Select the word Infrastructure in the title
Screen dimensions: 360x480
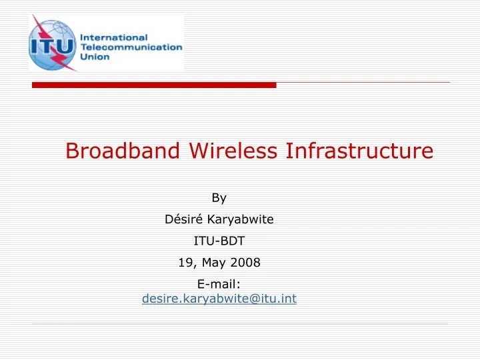[359, 151]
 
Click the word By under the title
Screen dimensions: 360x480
[219, 197]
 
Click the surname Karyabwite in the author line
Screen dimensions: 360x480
[241, 219]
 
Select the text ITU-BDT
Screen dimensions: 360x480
[219, 241]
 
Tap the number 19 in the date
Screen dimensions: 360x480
[186, 263]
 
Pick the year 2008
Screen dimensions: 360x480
[245, 263]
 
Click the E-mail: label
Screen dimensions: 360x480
[219, 285]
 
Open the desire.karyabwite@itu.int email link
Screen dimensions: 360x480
[219, 299]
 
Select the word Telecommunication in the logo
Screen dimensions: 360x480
[131, 47]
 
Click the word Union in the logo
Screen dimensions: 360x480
[95, 57]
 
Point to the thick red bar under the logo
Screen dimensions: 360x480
[154, 85]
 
